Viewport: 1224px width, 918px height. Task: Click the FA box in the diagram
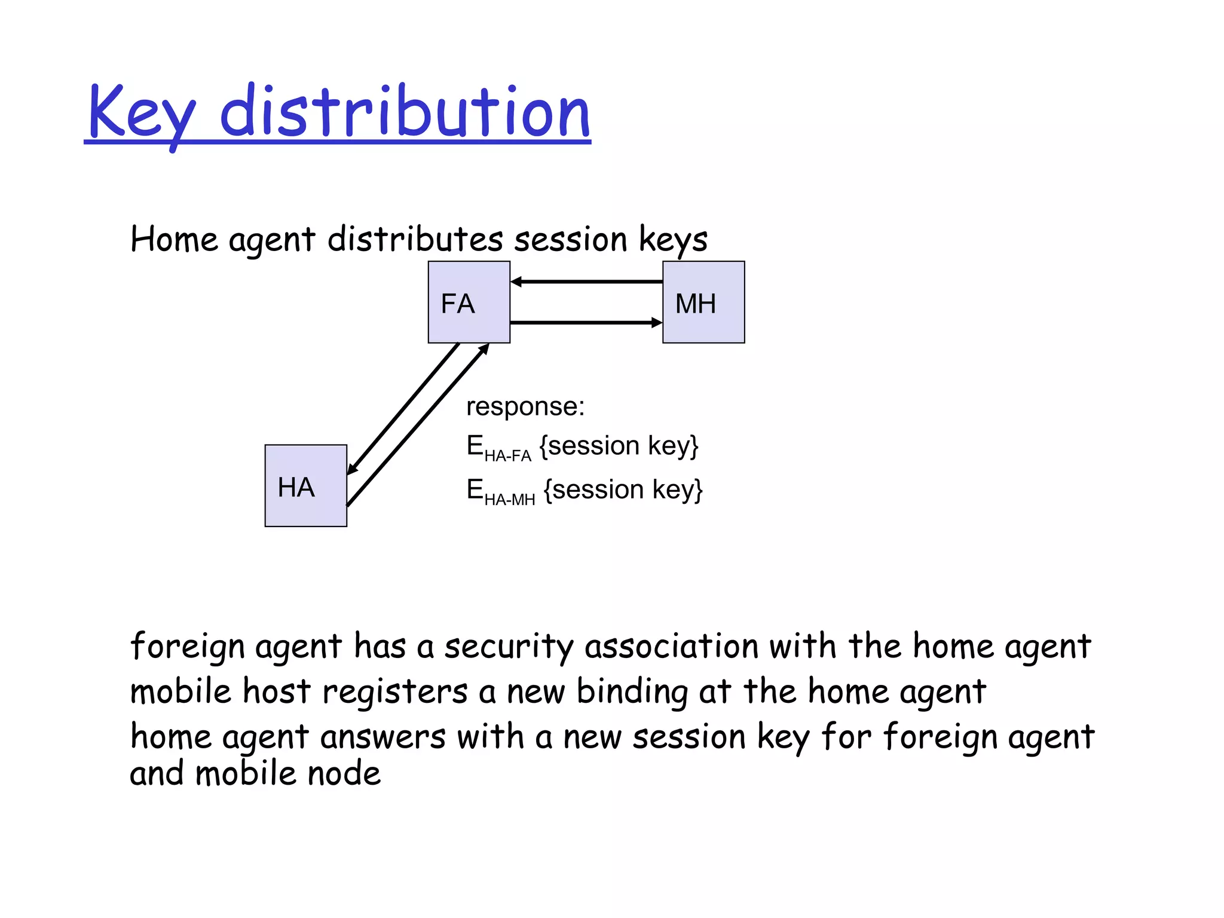tap(469, 302)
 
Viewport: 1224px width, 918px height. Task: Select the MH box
tap(703, 302)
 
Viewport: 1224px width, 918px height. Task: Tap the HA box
tap(305, 485)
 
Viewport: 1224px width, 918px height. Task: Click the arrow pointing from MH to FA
tap(586, 281)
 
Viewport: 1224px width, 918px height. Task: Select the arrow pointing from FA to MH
tap(586, 323)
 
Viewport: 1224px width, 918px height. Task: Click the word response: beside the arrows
tap(525, 407)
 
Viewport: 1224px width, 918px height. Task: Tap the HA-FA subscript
tap(507, 456)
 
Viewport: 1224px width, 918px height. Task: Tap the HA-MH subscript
tap(509, 500)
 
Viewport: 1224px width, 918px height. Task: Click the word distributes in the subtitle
tap(415, 239)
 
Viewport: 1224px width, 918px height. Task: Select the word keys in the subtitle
tap(673, 240)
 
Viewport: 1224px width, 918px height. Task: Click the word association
tap(672, 646)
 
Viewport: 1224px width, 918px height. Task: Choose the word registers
tap(395, 692)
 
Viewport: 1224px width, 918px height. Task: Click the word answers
tap(383, 737)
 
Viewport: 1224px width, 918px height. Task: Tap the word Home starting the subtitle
tap(174, 239)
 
